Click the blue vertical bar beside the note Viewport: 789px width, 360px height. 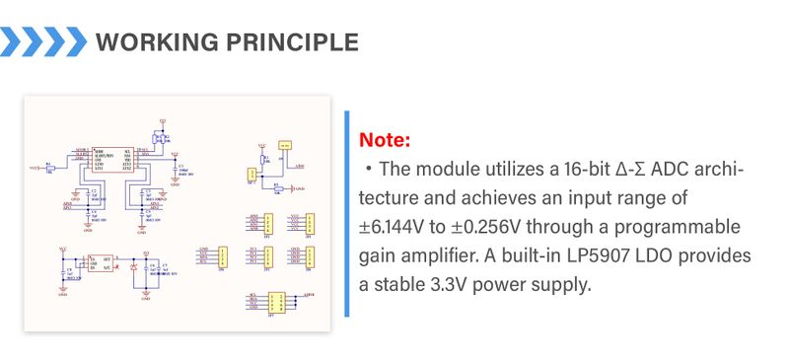(x=347, y=214)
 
